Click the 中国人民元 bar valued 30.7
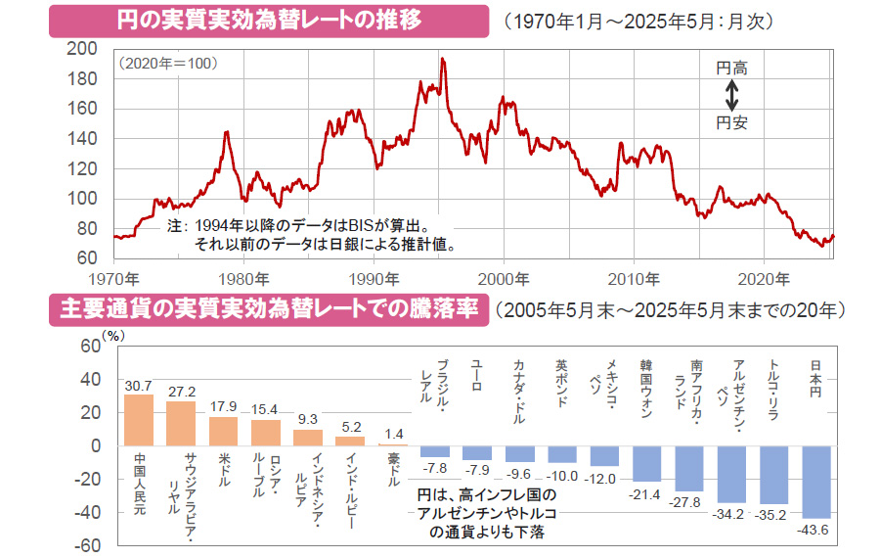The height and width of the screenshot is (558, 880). point(138,420)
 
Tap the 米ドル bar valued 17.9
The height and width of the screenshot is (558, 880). point(223,431)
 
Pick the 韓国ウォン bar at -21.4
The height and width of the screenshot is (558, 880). point(647,463)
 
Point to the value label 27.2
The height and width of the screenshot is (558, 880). point(181,390)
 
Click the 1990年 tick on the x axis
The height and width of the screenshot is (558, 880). point(373,277)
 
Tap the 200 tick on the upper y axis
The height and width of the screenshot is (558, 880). point(85,48)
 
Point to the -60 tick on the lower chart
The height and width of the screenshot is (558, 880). point(90,545)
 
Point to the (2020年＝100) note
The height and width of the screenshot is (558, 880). point(167,63)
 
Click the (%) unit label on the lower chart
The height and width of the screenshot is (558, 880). point(114,335)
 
